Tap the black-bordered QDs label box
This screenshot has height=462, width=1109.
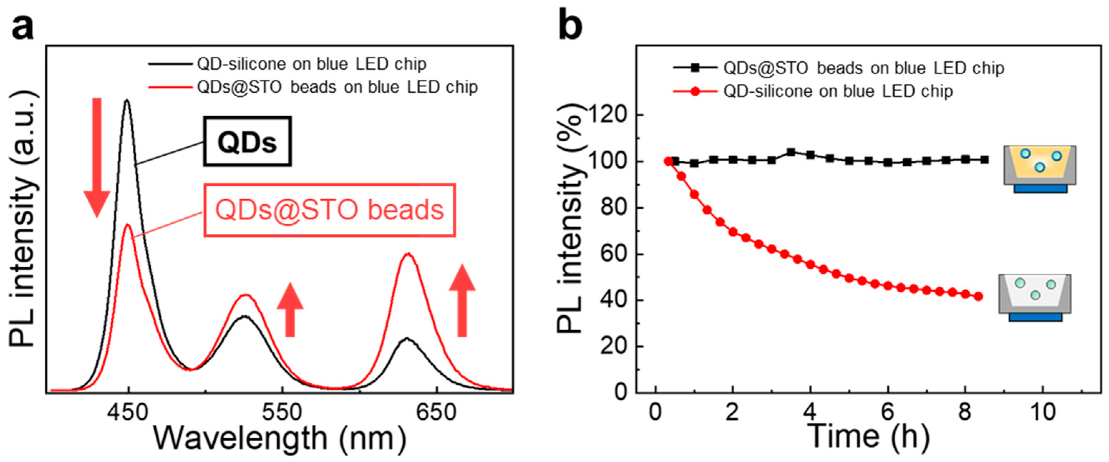pos(247,141)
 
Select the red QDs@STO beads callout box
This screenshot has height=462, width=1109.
pos(329,210)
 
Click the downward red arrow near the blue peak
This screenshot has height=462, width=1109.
pos(97,157)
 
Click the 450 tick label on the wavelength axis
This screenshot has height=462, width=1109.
pos(127,413)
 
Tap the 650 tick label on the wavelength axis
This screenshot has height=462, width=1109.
pos(436,413)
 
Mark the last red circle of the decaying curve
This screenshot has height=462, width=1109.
pos(978,296)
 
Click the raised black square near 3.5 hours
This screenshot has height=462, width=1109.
pos(791,152)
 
